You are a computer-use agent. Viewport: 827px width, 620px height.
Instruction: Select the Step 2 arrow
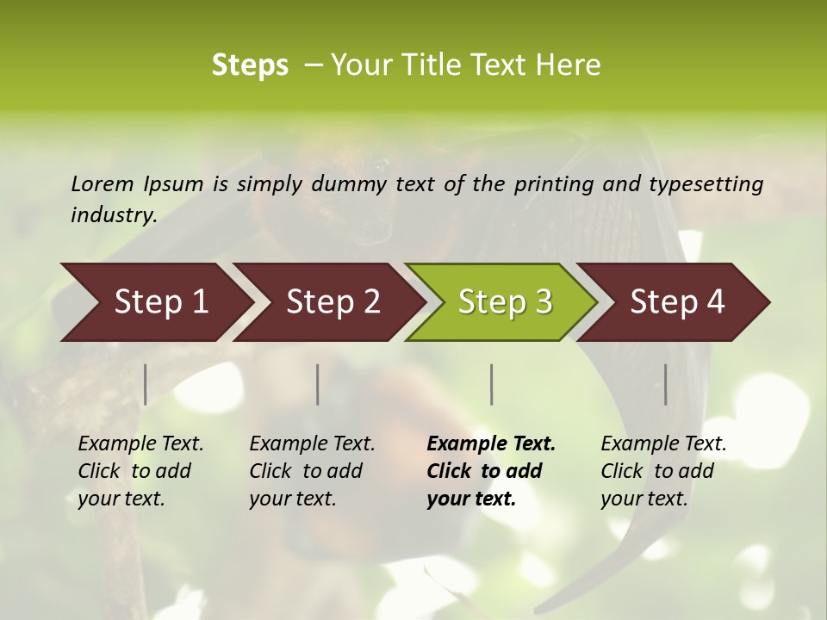coord(333,301)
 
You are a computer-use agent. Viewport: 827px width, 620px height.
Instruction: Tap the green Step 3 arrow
coord(505,301)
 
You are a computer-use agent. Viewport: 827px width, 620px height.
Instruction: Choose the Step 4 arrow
coord(677,301)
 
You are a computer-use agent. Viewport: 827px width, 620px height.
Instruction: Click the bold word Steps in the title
coord(250,65)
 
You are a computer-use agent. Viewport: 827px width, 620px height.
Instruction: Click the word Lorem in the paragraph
coord(102,183)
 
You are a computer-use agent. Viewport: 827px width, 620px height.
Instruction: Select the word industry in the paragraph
coord(113,214)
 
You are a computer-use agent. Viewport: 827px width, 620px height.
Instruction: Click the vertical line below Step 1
coord(146,384)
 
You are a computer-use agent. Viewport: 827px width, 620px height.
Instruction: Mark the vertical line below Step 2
coord(318,384)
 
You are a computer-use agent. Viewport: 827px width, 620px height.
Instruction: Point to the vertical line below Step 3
coord(491,384)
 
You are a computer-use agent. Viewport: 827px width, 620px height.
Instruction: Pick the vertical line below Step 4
coord(665,384)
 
